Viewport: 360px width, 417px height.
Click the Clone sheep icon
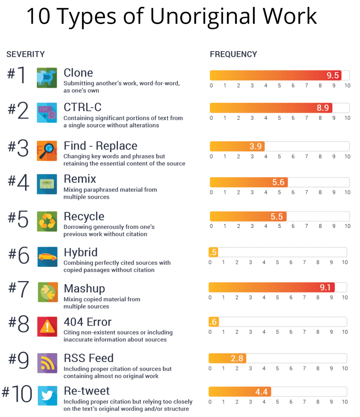point(47,78)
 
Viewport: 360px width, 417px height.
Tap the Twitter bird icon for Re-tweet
point(47,395)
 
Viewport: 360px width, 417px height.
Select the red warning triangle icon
point(47,326)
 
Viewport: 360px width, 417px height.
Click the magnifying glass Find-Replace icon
point(47,150)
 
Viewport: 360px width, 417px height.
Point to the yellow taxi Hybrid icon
point(47,257)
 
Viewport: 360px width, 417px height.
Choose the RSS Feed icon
point(47,363)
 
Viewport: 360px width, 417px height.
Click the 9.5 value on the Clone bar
point(333,75)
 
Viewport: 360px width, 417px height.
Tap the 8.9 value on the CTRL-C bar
point(323,108)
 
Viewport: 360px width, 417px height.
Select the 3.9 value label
point(256,146)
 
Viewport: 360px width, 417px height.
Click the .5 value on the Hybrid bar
point(213,252)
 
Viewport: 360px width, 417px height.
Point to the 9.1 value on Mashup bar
point(325,287)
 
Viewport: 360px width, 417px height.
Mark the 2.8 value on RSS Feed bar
point(237,358)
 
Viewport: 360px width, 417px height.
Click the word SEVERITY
point(25,54)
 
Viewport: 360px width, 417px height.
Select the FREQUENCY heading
point(233,54)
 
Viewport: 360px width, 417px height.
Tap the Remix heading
point(80,179)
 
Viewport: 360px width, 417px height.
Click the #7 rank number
point(18,289)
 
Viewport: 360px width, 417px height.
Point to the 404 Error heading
point(87,322)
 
